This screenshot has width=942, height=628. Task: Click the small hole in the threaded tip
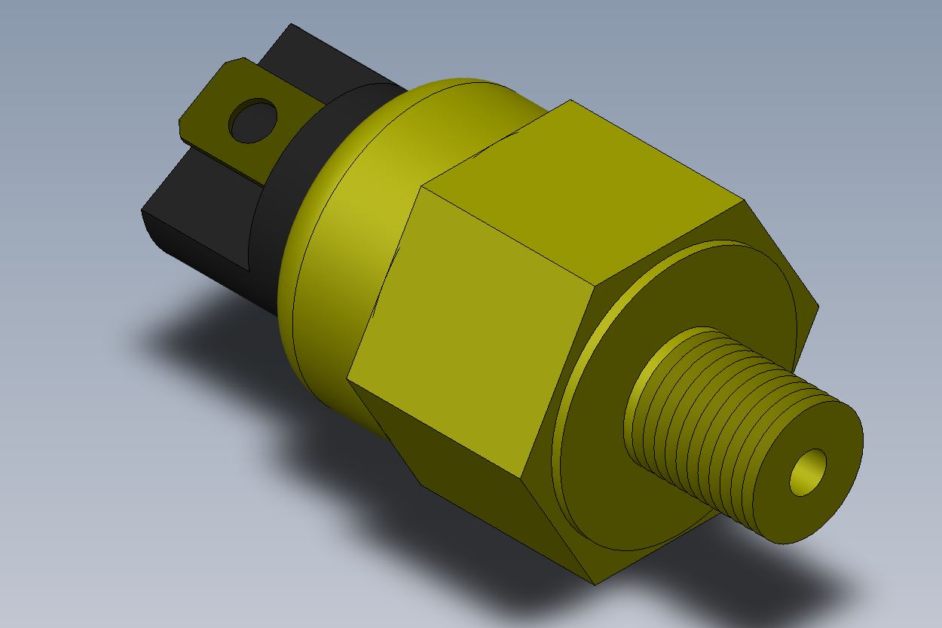(x=808, y=473)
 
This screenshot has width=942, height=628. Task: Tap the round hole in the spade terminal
(x=252, y=121)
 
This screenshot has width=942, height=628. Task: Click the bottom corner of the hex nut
(x=595, y=584)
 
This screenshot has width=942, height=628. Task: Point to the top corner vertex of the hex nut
(x=570, y=100)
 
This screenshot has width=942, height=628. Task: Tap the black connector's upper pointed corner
(x=291, y=25)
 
